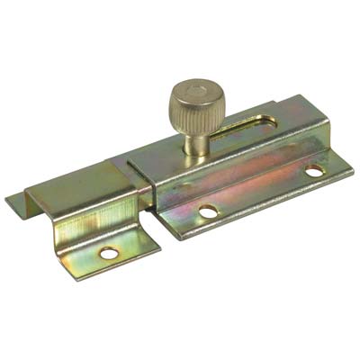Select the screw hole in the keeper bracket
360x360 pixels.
click(108, 254)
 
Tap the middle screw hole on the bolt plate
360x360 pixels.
click(208, 212)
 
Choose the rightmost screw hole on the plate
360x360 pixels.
click(313, 170)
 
